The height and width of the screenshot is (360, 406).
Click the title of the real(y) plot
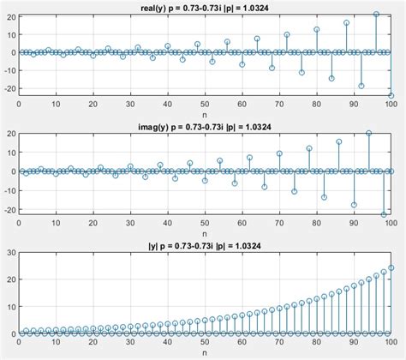point(205,7)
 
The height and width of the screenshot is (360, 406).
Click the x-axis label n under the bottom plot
point(205,351)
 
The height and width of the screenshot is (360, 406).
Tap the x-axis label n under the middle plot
point(205,233)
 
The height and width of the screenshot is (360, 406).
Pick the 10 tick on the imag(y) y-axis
point(10,152)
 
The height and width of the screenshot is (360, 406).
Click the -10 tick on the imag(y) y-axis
point(9,189)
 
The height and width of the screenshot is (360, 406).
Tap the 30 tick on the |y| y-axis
point(10,253)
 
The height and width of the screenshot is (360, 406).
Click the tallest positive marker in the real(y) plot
point(376,15)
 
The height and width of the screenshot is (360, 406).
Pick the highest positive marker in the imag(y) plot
point(368,133)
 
